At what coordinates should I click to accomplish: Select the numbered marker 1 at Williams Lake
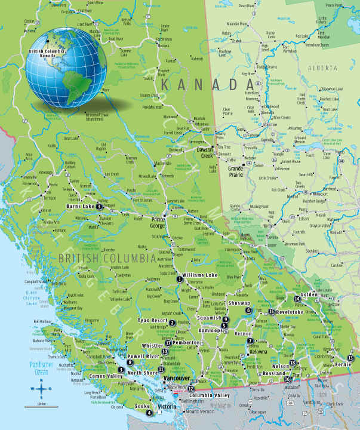(x=179, y=279)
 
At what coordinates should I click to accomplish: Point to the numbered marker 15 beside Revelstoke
(x=271, y=312)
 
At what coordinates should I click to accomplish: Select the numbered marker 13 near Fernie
(x=350, y=358)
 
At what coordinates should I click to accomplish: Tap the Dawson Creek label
(x=205, y=152)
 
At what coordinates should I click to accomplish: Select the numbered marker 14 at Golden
(x=297, y=299)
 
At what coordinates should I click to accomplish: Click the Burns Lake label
(x=80, y=207)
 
